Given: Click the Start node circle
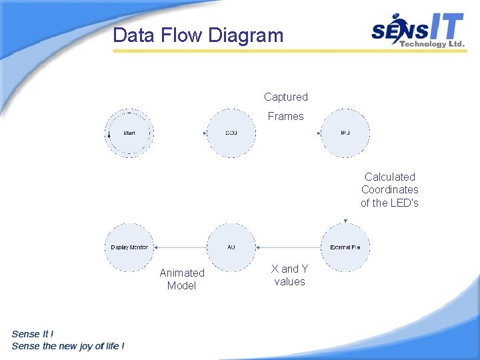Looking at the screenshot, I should coord(129,133).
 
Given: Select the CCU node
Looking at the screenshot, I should coord(231,133).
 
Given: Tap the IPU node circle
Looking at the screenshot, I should coord(345,133).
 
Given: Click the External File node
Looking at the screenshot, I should coord(345,247).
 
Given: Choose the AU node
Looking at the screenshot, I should coord(231,247).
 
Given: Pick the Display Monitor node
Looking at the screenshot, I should coord(129,247).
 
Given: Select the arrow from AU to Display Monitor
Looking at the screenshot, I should coord(180,247).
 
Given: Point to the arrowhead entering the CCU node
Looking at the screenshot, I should coord(205,133).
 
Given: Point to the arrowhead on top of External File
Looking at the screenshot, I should coord(345,221).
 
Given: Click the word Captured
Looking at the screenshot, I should coord(285,97).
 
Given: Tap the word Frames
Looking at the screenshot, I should coord(285,117).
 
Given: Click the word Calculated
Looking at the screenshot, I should coord(389,177).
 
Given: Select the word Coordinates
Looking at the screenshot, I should coord(389,189).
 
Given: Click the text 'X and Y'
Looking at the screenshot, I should coord(289,269).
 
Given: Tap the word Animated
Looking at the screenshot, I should coord(182,273).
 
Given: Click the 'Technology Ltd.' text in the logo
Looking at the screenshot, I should coord(431,44).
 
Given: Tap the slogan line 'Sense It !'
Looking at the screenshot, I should coord(33,333).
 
